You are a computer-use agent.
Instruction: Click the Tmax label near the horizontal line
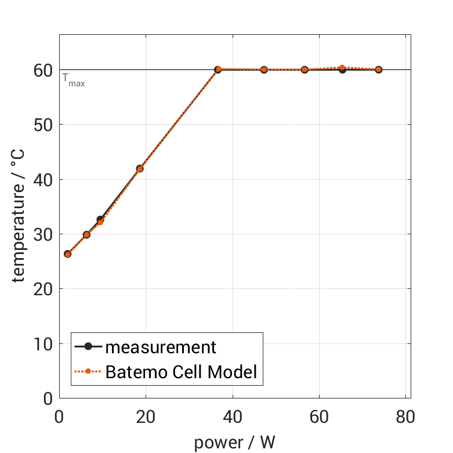[74, 81]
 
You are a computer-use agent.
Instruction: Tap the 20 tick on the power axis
[146, 418]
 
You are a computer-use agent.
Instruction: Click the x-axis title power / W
[235, 443]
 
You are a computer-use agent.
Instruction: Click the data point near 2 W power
[67, 254]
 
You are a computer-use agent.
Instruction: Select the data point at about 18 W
[140, 169]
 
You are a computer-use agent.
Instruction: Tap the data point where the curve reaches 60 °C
[218, 70]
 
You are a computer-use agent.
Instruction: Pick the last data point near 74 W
[379, 70]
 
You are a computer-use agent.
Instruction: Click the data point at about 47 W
[264, 70]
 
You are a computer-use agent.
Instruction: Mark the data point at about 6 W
[86, 235]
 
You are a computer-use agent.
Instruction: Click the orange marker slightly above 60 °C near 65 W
[342, 68]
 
